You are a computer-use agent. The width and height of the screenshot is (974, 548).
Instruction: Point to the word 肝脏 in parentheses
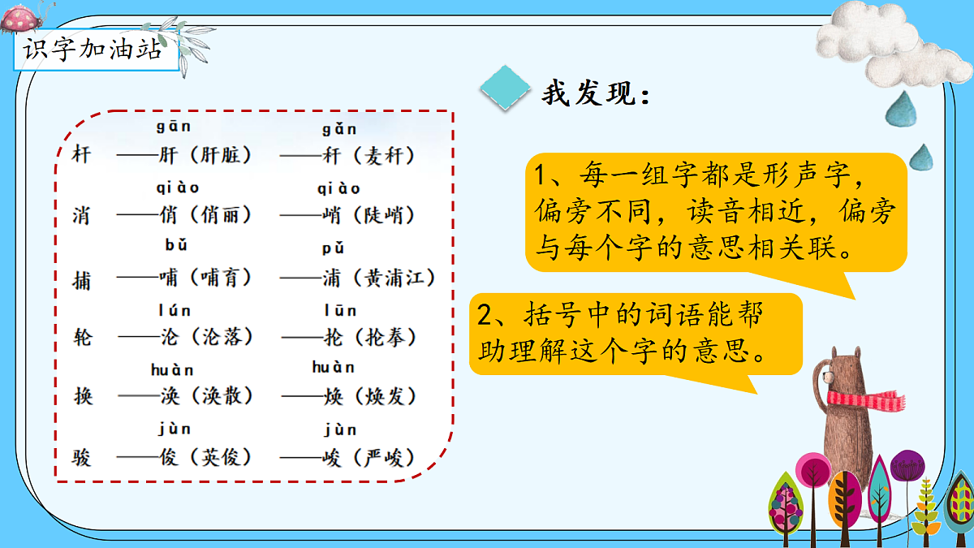coord(220,155)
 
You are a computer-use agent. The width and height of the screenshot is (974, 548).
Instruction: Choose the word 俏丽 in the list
coord(220,215)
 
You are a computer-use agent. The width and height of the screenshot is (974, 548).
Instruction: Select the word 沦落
coord(220,336)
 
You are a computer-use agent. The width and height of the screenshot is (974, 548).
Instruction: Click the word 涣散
coord(220,395)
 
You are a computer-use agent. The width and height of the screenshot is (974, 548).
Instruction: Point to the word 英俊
coord(220,457)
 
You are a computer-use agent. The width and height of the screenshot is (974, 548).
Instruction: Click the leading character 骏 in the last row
coord(82,458)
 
